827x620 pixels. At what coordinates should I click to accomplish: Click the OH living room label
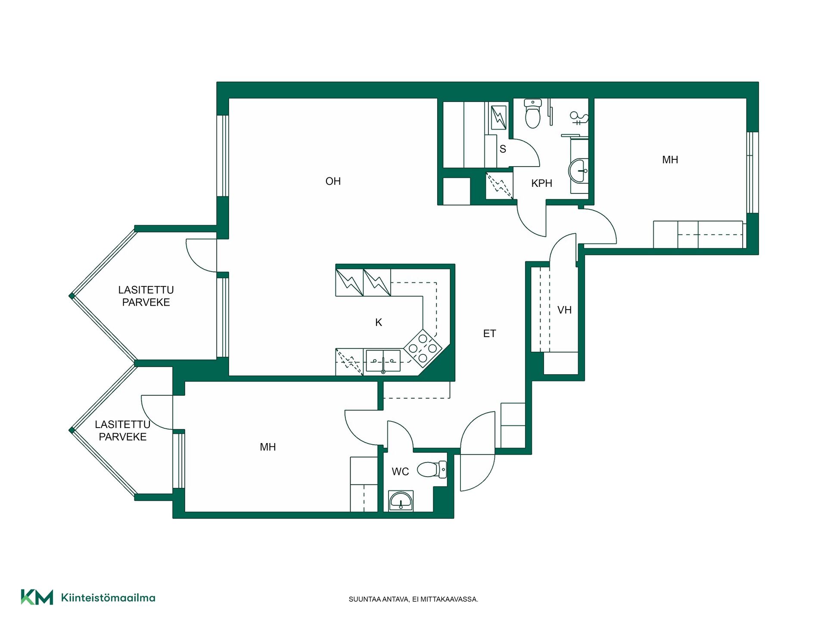coord(333,181)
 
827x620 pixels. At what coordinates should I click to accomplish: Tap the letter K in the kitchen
coord(379,322)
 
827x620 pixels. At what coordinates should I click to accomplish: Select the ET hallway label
coord(489,334)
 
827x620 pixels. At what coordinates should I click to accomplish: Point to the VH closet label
coord(564,310)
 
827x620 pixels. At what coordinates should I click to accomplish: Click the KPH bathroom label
coord(541,183)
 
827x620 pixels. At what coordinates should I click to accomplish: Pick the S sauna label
coord(503,149)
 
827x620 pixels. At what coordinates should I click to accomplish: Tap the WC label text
coord(400,472)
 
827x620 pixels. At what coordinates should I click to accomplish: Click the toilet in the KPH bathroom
coord(533,114)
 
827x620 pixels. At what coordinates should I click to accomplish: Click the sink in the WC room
coord(401,501)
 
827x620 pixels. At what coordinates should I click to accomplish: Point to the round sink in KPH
coord(578,171)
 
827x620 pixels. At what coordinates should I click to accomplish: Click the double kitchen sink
coord(383,360)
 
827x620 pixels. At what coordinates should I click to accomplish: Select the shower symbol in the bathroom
coord(578,117)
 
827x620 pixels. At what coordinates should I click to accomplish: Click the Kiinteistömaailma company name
coord(108,598)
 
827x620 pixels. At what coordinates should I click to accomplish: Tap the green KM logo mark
coord(37,597)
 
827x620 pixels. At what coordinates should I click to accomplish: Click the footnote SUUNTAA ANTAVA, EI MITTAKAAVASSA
coord(413,599)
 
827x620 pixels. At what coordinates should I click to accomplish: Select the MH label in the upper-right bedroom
coord(670,160)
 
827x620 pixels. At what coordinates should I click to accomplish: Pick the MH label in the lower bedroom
coord(267,447)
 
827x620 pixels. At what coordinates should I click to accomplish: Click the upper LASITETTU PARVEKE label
coord(146,296)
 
